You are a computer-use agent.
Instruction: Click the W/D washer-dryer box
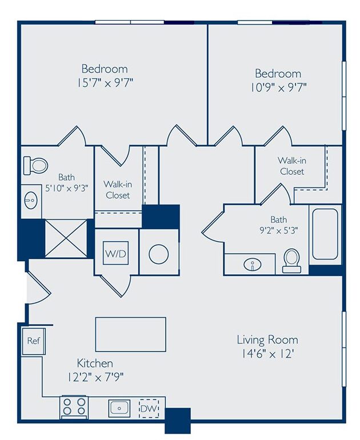click(x=115, y=253)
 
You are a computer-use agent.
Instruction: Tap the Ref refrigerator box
click(x=33, y=341)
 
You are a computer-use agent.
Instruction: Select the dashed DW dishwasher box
click(x=149, y=409)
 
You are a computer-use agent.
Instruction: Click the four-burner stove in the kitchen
click(x=74, y=407)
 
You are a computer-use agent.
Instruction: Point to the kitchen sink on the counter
click(x=119, y=409)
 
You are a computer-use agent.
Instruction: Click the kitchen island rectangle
click(x=131, y=334)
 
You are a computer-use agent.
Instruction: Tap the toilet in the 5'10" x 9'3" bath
click(x=35, y=165)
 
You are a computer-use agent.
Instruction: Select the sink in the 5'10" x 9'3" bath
click(x=31, y=200)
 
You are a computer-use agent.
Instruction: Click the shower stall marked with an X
click(x=66, y=238)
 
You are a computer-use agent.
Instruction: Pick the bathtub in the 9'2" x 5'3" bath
click(x=325, y=234)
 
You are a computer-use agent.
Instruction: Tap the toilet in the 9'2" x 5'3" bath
click(x=291, y=261)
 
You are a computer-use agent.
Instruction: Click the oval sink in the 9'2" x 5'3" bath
click(x=253, y=264)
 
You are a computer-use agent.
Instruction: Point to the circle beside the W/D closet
click(x=158, y=254)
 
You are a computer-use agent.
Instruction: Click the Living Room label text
click(x=267, y=340)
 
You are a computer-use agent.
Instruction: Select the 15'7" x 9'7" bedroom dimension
click(x=105, y=83)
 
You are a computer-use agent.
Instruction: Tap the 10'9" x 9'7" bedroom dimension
click(x=278, y=87)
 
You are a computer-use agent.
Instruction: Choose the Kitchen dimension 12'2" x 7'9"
click(x=95, y=377)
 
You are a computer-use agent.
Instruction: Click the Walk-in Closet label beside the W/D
click(x=118, y=190)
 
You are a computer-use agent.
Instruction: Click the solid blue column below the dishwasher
click(x=178, y=421)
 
